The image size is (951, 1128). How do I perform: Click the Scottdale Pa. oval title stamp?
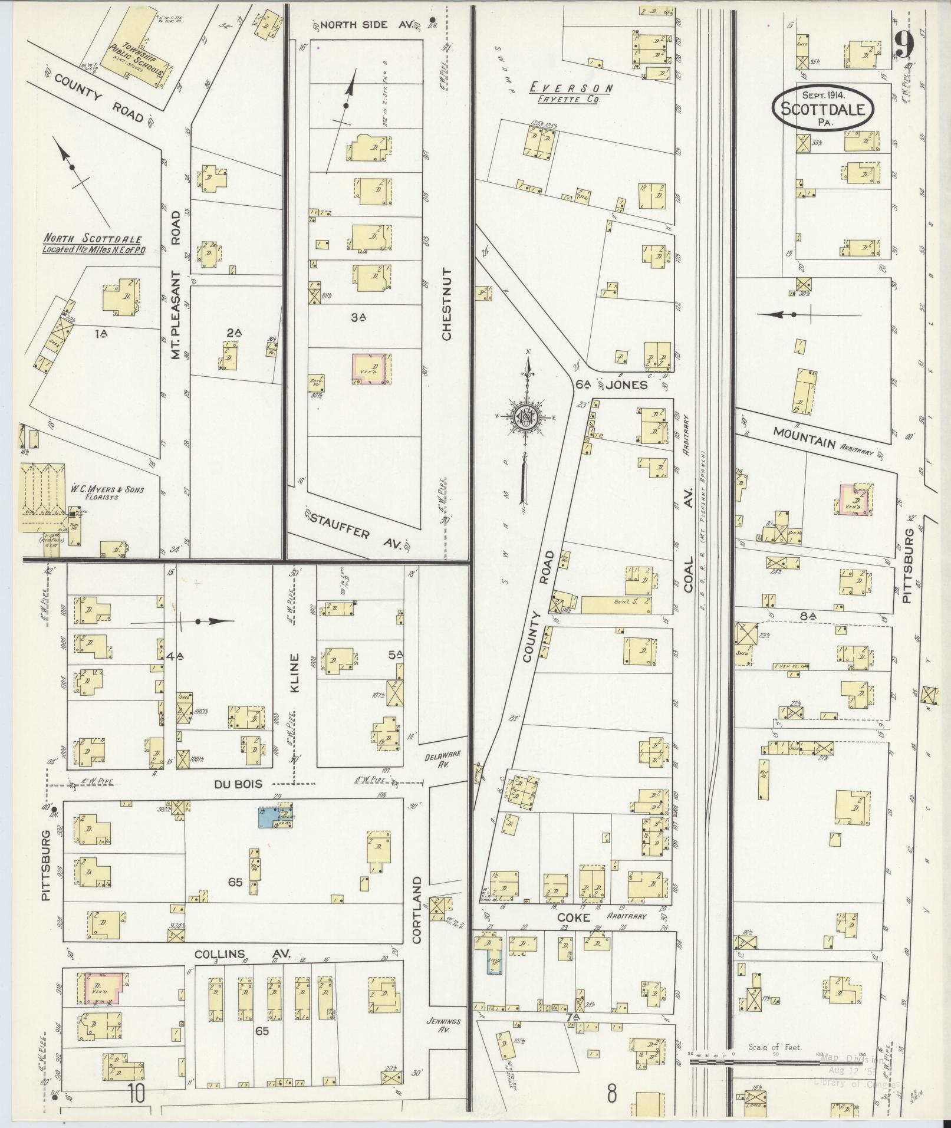(822, 107)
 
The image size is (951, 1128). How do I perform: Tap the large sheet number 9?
(904, 45)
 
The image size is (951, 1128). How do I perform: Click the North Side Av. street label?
(363, 24)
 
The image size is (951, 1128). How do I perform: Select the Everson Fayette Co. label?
(570, 93)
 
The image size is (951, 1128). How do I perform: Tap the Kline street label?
(295, 673)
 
